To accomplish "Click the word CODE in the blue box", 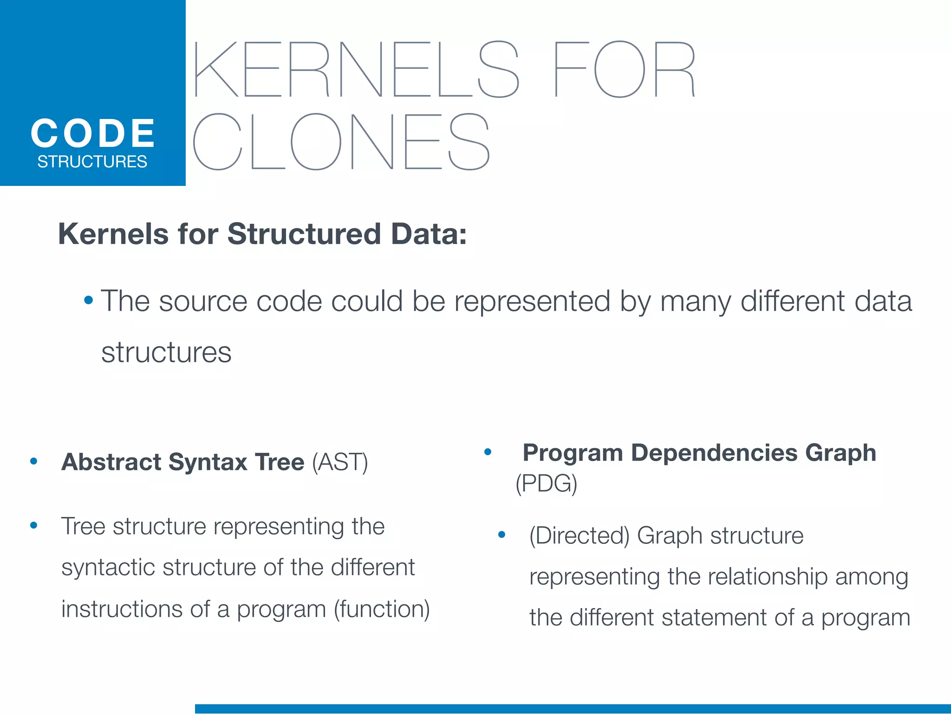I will [93, 133].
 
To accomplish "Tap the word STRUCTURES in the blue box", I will [92, 162].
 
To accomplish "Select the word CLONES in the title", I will [341, 142].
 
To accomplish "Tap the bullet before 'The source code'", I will [88, 300].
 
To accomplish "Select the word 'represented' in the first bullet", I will [532, 301].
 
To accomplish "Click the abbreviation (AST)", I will [340, 462].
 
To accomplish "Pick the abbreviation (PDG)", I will [546, 483].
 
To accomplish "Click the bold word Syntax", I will [208, 462].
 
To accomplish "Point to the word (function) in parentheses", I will [382, 609].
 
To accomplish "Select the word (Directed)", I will [579, 535].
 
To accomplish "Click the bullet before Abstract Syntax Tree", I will [33, 462].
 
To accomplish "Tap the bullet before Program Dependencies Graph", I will [488, 452].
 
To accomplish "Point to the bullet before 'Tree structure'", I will [33, 526].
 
